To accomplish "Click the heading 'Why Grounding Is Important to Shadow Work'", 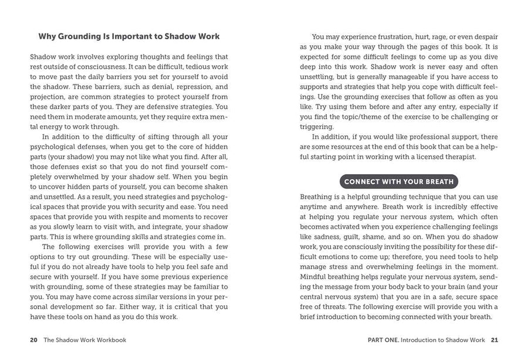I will click(x=129, y=36).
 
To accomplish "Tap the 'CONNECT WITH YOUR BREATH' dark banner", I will click(x=398, y=181).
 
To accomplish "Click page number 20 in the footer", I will click(x=33, y=339).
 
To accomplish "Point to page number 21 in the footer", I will click(x=494, y=339).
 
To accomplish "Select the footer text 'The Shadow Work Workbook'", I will click(x=85, y=339).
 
